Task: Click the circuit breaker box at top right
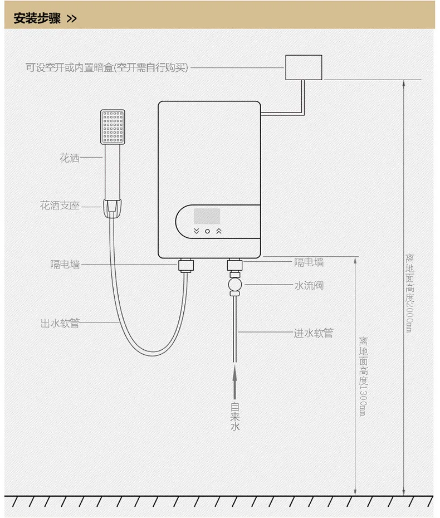pos(304,67)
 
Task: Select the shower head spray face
pos(113,126)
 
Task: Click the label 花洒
pos(70,158)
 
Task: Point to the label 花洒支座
pos(60,206)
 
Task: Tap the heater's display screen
pos(206,216)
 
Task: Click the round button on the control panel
pos(207,231)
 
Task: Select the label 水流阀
pos(309,286)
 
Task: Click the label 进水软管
pos(314,333)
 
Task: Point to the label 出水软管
pos(60,323)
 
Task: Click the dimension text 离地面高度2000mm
pos(409,293)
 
